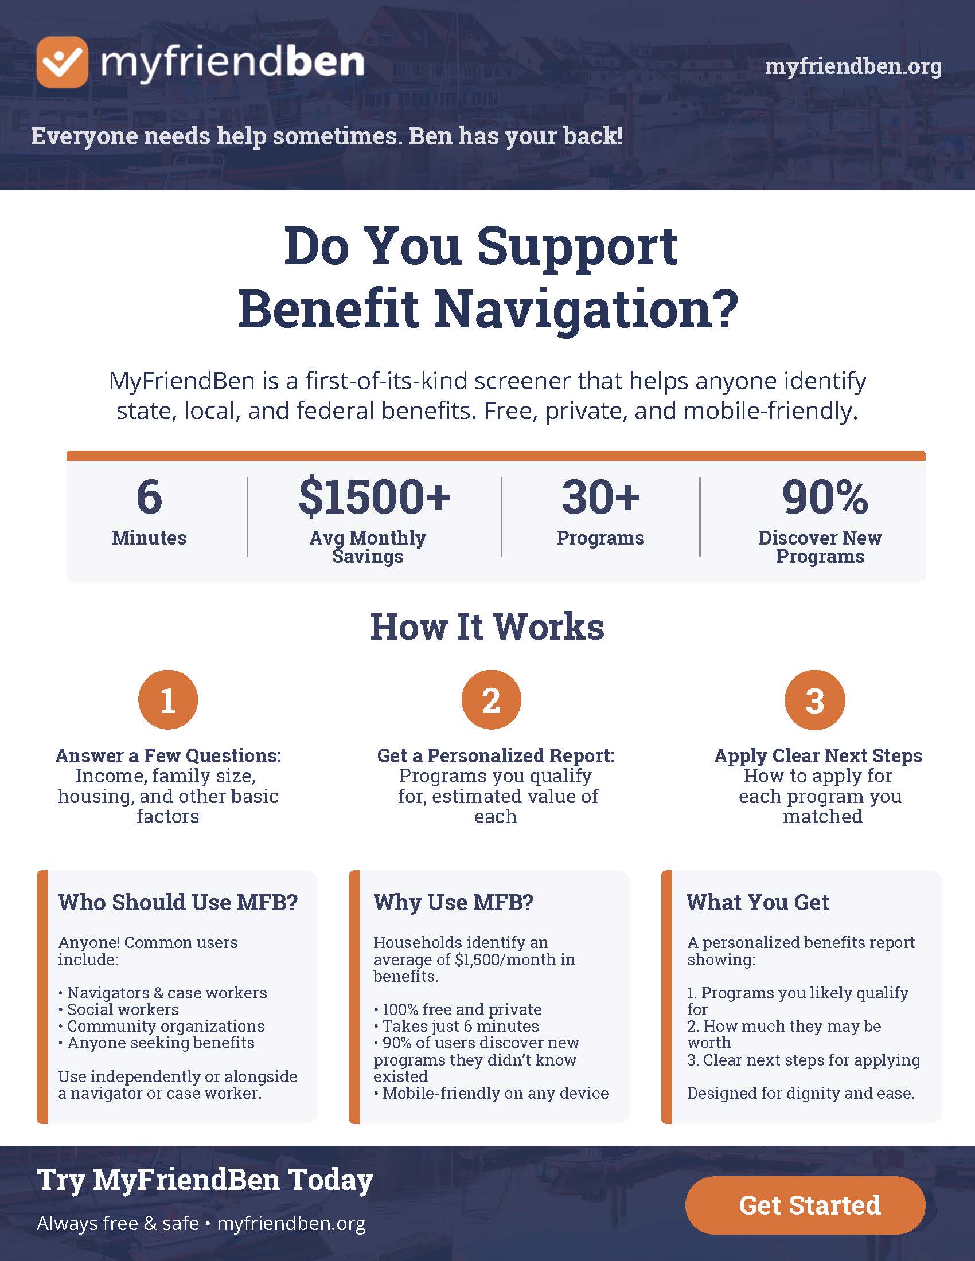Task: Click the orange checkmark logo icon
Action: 63,62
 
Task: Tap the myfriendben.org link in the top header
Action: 853,67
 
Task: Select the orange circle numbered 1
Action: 168,700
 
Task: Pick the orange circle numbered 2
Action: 491,700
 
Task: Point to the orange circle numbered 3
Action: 814,700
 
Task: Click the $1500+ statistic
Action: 374,496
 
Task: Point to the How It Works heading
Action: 487,626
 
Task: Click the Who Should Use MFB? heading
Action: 178,902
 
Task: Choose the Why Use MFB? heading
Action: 454,902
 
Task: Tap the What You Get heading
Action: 758,902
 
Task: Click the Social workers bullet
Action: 119,1009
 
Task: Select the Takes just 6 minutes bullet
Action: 457,1026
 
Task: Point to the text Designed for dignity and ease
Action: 801,1094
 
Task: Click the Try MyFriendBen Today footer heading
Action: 205,1180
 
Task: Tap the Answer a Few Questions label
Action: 168,756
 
